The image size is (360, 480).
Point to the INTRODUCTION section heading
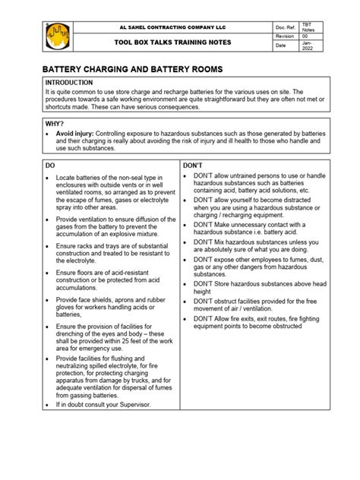[x=69, y=82]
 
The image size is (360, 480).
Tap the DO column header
[x=51, y=163]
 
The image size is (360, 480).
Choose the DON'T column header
[x=194, y=163]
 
